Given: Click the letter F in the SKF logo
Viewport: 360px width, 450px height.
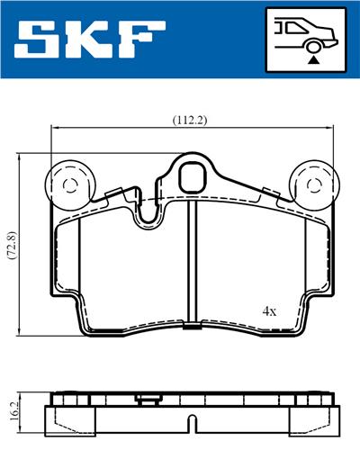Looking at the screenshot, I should tap(144, 39).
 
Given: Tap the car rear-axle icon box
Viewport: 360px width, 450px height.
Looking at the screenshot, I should tap(307, 39).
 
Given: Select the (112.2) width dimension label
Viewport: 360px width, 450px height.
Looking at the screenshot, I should tap(190, 119).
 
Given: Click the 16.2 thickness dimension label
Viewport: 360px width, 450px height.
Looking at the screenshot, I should tap(12, 410).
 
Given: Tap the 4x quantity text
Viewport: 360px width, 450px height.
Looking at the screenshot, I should tap(269, 310).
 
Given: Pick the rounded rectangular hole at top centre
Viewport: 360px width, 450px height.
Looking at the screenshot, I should tap(193, 177).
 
